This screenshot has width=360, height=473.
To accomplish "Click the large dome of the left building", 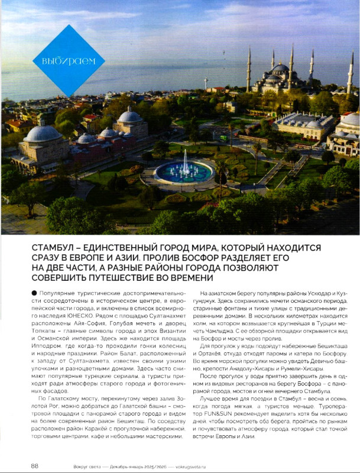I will click(43, 134).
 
